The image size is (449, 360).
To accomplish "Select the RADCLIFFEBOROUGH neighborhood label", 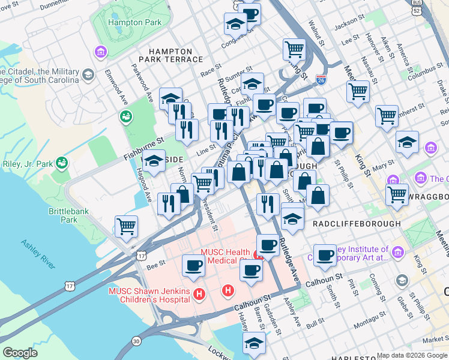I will click(357, 223).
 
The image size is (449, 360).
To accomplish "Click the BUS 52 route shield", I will click(416, 8).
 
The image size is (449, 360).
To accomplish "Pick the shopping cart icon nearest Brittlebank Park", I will click(127, 226).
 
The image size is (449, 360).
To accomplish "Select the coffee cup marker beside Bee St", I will click(193, 265).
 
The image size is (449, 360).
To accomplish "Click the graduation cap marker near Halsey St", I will click(254, 342).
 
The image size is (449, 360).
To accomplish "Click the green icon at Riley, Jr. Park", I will click(61, 162).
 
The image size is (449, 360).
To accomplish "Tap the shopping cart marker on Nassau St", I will click(358, 91).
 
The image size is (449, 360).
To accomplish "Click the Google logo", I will click(20, 353).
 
